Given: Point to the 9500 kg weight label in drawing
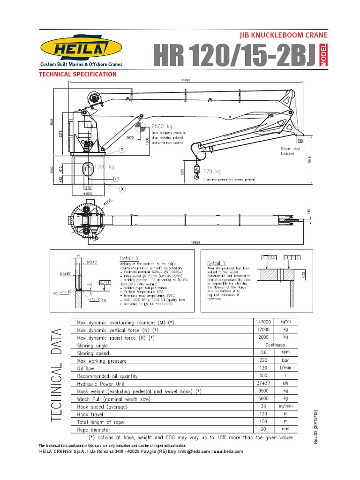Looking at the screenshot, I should [163, 126].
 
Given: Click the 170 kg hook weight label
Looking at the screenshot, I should [212, 172].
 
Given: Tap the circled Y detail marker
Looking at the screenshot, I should [122, 150].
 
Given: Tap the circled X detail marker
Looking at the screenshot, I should [122, 188].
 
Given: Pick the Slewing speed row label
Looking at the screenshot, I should [93, 353].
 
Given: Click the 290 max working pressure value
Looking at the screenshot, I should [262, 360].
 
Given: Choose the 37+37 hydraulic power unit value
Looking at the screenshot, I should [262, 383].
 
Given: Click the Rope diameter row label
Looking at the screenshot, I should [94, 429].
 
